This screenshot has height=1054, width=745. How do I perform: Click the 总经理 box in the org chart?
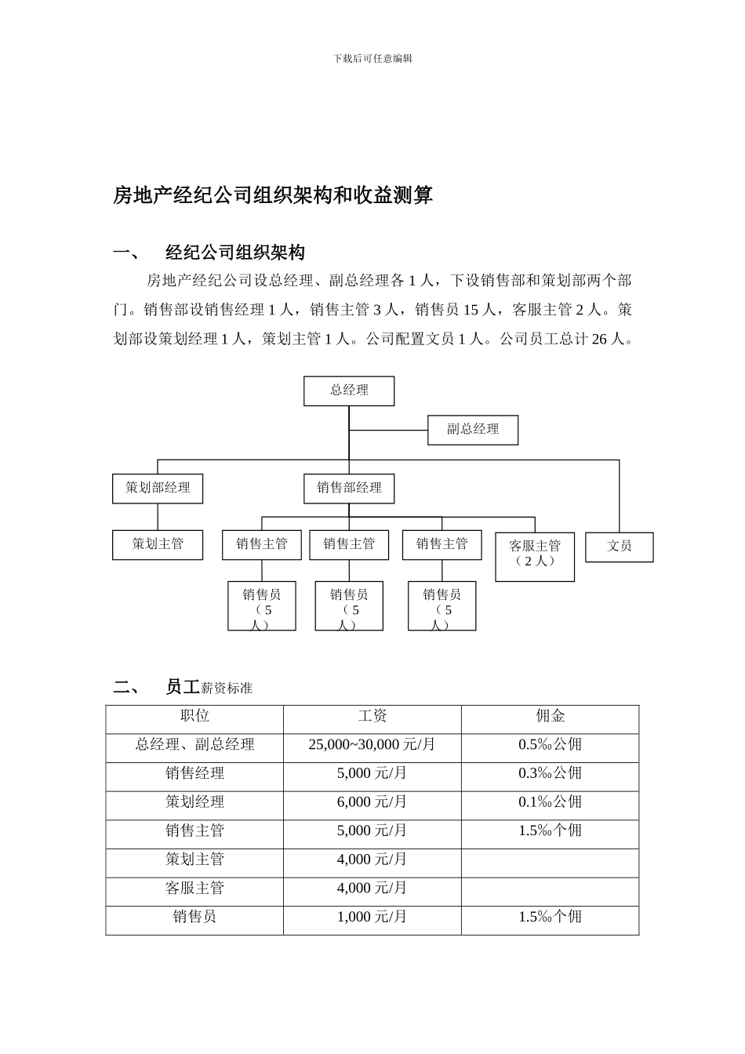click(349, 391)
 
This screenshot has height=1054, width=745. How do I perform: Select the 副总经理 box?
click(473, 430)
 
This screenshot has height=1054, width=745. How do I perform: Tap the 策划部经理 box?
click(158, 488)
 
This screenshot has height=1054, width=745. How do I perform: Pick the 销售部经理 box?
click(349, 488)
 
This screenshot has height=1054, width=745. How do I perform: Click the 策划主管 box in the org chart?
click(158, 545)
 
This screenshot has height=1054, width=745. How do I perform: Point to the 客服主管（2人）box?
click(535, 557)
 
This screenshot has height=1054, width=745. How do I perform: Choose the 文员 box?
click(619, 547)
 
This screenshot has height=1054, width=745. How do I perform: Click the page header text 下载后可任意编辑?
click(372, 59)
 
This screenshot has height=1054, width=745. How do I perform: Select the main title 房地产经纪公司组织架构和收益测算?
click(273, 195)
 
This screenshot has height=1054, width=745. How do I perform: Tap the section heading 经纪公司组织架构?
click(235, 253)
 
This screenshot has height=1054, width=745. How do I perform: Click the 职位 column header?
click(194, 716)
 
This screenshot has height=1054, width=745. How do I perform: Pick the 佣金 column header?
click(550, 716)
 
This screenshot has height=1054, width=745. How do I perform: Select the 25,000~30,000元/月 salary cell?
click(372, 745)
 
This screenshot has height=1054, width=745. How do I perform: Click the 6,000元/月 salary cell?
click(372, 802)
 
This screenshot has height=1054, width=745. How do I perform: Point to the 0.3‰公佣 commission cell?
click(550, 773)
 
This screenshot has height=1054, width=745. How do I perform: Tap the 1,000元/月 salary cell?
click(372, 917)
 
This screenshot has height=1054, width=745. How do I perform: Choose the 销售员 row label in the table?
click(194, 917)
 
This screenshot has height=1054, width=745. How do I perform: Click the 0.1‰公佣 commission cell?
click(550, 802)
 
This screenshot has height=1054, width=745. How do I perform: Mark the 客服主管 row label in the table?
click(194, 889)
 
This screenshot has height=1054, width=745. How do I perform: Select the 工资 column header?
click(372, 716)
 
